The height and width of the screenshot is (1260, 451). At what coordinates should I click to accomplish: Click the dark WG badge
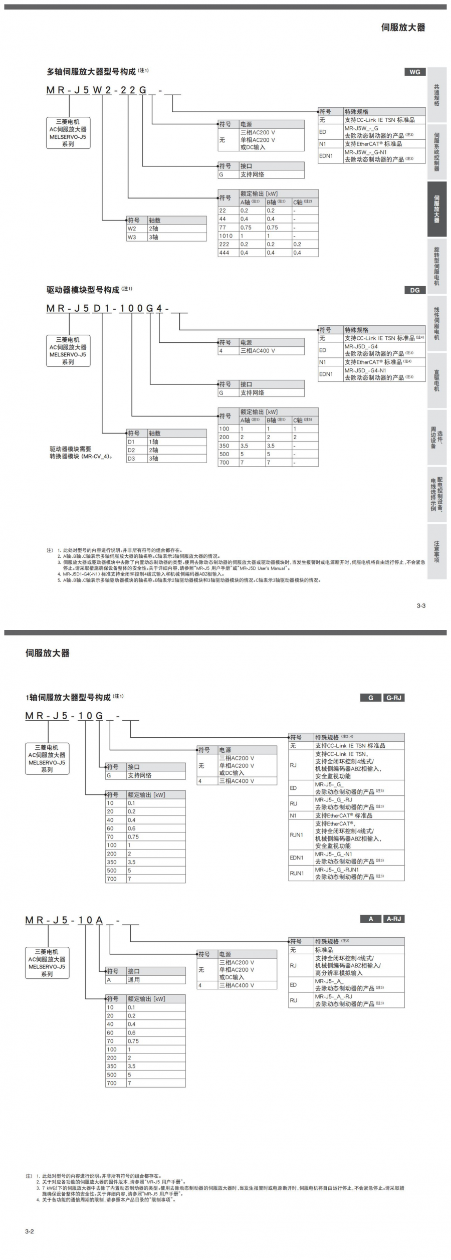[414, 72]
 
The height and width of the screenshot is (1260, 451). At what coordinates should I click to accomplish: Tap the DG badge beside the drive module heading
[414, 290]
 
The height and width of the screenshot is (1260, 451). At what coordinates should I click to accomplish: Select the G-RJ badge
[394, 698]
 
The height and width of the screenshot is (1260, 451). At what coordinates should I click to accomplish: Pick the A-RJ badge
[394, 919]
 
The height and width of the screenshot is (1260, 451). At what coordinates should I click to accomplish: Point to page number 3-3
[421, 605]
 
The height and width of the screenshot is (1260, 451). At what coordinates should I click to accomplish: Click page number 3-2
[30, 1231]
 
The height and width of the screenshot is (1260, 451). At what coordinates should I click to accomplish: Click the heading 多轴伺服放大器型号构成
[91, 72]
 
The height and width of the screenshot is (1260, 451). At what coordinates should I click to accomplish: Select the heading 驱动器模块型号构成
[83, 290]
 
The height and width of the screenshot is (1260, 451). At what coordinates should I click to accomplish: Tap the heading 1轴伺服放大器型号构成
[68, 697]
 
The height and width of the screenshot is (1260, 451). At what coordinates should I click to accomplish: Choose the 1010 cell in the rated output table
[226, 236]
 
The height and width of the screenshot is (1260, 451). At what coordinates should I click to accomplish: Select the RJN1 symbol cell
[296, 834]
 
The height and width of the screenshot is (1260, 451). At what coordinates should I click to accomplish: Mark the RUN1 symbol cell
[297, 873]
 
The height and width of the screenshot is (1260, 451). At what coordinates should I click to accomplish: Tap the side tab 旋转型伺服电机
[436, 266]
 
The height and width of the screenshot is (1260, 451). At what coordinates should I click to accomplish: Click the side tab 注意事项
[436, 551]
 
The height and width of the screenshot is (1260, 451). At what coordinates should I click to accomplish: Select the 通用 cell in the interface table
[134, 979]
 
